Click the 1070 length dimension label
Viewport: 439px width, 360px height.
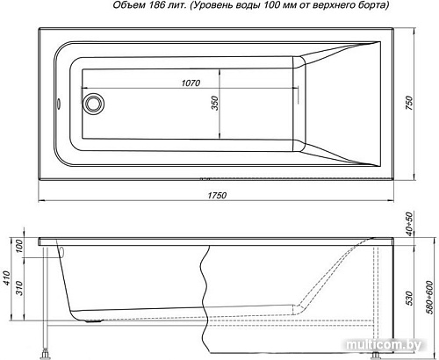click(x=192, y=83)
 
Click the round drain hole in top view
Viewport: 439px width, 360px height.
click(x=91, y=104)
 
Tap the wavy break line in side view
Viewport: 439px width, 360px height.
click(x=204, y=281)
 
